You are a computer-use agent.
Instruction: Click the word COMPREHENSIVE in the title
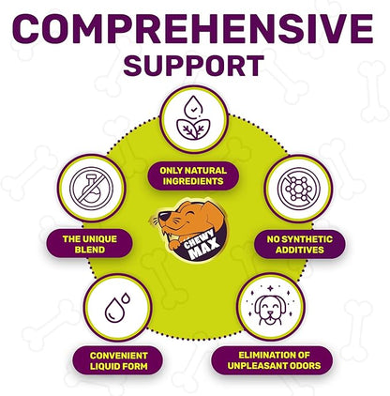193,28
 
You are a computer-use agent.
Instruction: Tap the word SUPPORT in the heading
194,66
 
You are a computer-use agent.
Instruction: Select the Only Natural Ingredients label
193,175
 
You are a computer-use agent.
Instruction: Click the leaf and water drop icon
193,117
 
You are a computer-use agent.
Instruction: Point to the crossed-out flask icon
91,189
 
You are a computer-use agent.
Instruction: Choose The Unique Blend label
90,244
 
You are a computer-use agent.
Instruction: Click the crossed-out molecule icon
299,189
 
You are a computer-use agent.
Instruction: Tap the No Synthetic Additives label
300,245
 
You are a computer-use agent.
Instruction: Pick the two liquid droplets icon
117,308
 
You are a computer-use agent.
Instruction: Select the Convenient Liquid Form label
118,361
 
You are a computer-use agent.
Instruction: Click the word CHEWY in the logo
199,239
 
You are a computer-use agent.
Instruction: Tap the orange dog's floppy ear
214,213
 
